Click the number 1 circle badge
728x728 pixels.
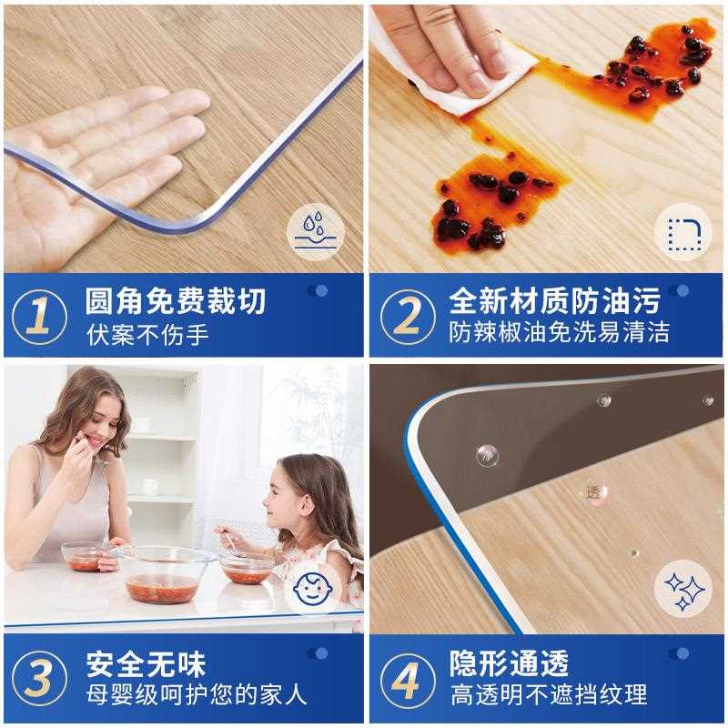[x=38, y=316]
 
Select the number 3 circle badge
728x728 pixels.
[x=38, y=679]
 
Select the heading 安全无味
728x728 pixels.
[x=147, y=662]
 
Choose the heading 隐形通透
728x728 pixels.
[x=509, y=662]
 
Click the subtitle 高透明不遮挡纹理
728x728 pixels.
[x=549, y=695]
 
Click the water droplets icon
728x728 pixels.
[x=316, y=231]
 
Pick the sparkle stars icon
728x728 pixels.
[x=684, y=588]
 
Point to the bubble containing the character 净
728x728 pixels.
[x=488, y=454]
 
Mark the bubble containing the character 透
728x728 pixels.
[x=594, y=491]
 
